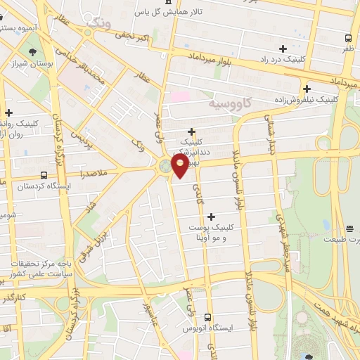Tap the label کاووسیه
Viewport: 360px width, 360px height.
[x=230, y=103]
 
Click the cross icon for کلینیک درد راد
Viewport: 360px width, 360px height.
[x=283, y=49]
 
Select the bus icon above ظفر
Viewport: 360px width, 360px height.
[x=349, y=38]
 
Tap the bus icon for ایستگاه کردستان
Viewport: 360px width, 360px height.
[x=44, y=175]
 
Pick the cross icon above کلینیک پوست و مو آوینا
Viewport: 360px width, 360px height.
[x=212, y=217]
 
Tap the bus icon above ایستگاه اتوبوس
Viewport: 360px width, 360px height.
[x=207, y=318]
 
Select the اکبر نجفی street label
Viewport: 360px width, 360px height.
[x=134, y=37]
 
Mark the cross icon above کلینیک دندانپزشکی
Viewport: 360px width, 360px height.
[x=191, y=131]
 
